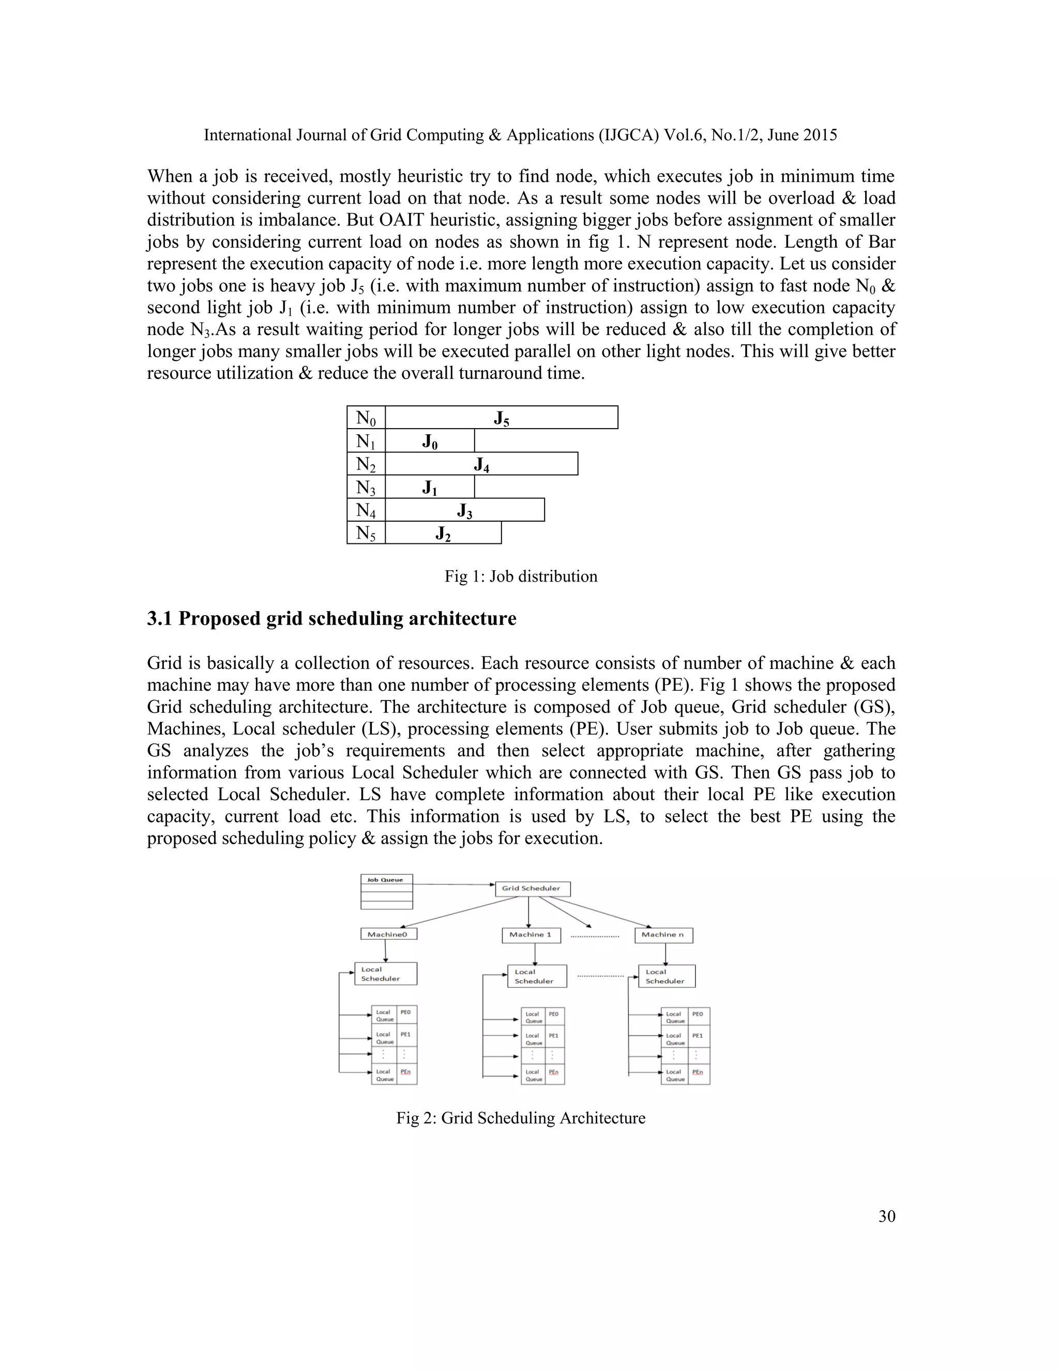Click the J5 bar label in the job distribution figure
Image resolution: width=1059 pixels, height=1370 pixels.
501,418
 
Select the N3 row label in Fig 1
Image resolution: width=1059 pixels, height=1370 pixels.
366,488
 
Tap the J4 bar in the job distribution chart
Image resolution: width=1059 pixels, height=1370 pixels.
481,465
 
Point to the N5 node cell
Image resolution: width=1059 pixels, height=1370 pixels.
366,533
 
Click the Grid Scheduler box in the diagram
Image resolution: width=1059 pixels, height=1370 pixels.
532,888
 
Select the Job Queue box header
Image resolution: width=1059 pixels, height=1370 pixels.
386,879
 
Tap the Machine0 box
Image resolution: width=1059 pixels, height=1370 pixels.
388,934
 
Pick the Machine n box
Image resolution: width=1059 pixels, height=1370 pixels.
663,935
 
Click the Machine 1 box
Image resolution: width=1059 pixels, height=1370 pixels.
531,935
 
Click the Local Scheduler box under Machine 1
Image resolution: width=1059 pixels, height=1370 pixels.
536,976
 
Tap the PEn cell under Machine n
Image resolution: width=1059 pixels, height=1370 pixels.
698,1072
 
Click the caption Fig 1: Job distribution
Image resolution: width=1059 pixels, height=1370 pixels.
521,576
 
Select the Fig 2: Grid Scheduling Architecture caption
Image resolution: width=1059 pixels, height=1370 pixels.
521,1118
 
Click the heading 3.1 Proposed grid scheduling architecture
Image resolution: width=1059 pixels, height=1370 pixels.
331,618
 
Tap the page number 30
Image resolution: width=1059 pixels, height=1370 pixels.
886,1216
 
